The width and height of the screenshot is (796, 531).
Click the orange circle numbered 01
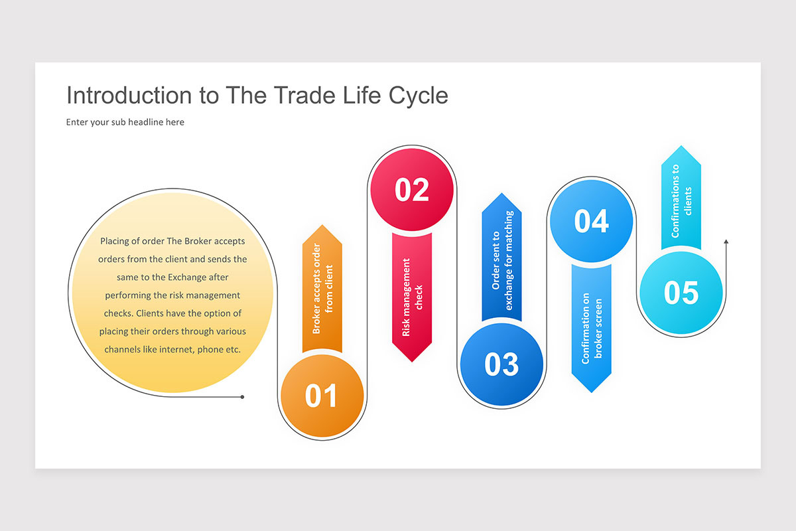click(322, 396)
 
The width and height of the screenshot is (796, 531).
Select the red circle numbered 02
click(412, 190)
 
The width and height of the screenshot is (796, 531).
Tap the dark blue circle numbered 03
click(501, 364)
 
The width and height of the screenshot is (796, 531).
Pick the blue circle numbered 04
click(591, 221)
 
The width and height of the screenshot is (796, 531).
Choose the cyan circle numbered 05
click(681, 293)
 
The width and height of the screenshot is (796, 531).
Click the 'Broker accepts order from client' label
click(322, 289)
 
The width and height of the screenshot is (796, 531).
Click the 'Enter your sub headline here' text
click(125, 122)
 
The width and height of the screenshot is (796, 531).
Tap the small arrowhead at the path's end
click(726, 243)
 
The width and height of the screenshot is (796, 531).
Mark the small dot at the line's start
click(242, 397)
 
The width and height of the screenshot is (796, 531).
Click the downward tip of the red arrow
click(412, 360)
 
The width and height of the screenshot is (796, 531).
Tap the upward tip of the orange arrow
click(322, 226)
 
